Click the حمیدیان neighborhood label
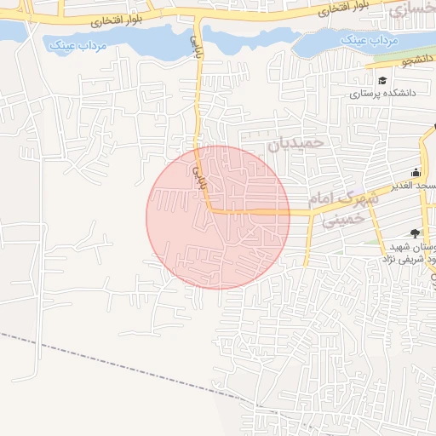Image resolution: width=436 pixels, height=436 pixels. [296, 145]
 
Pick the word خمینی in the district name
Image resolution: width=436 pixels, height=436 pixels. [343, 220]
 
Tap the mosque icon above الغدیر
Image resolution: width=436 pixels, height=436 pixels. [416, 171]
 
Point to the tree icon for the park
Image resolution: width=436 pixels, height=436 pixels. [415, 231]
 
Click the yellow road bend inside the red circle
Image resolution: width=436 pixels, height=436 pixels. [209, 209]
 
